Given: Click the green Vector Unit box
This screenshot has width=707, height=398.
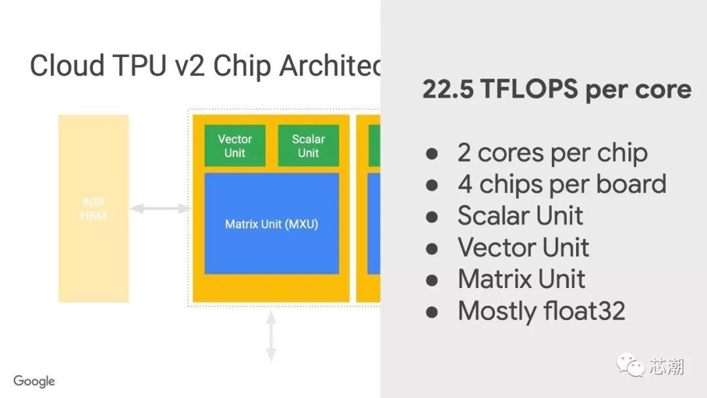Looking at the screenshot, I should (234, 145).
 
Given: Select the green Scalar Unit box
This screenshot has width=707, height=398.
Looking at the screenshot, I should (308, 145).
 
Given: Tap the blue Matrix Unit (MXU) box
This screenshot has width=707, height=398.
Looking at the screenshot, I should (272, 224).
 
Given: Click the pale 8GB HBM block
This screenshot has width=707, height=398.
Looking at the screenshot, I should (93, 209).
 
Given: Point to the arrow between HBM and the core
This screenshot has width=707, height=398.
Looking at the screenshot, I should (159, 209).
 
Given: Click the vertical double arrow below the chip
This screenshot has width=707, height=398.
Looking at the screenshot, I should (271, 337).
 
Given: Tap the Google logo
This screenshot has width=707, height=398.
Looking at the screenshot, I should (34, 381).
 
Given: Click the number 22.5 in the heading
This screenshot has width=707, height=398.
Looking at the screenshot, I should (448, 90).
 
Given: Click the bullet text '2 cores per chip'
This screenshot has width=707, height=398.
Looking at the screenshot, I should (553, 153).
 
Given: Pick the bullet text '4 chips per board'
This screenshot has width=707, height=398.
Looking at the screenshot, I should (562, 185).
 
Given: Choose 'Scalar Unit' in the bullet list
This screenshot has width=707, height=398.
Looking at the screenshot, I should (520, 216).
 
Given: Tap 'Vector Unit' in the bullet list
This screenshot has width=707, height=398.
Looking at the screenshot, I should (523, 247).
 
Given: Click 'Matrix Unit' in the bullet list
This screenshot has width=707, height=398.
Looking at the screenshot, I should (522, 279).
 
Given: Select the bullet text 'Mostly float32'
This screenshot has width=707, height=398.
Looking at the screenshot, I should (541, 310).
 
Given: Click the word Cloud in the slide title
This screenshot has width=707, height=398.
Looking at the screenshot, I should (67, 66).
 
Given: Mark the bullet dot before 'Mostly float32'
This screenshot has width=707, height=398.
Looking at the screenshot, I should (431, 311).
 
